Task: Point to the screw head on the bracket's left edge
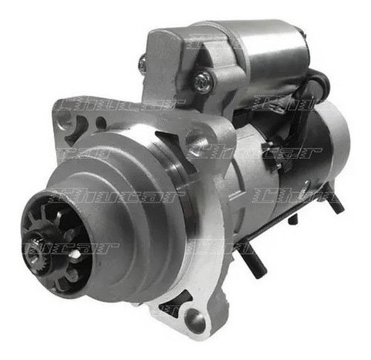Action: coord(143,62)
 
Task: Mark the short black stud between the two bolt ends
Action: coord(293,220)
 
